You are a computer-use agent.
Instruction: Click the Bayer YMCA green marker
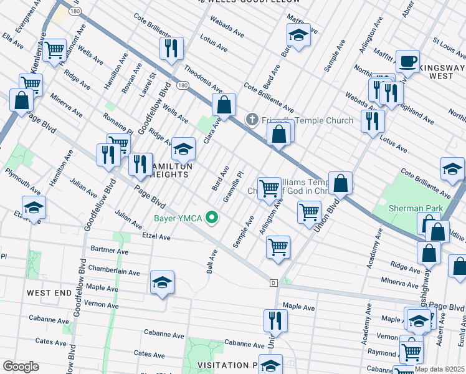click(212, 218)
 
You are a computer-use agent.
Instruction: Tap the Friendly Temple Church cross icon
click(252, 120)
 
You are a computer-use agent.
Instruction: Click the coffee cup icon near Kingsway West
click(408, 62)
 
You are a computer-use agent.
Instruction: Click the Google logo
click(21, 366)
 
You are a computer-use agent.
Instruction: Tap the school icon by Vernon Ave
click(162, 283)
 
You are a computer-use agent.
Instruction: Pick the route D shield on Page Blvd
click(273, 283)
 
